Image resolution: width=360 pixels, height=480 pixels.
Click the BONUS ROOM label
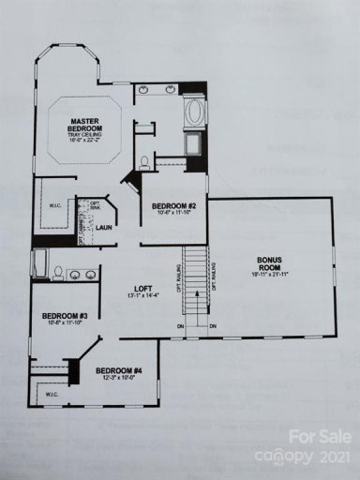[x=273, y=262]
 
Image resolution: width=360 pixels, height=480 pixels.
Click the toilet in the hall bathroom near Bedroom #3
[x=58, y=273]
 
